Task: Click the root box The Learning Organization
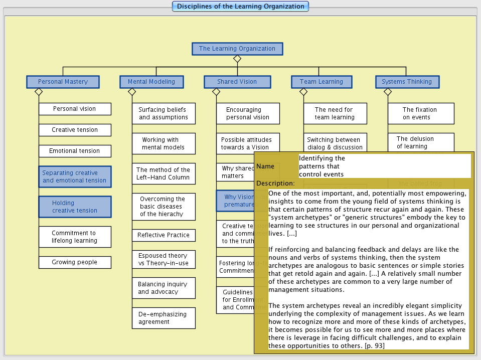[237, 49]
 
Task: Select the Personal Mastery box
[63, 82]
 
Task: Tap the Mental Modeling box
[151, 82]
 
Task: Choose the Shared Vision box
[237, 82]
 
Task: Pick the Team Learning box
[321, 82]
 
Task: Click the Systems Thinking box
[406, 82]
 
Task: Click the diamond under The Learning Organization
[237, 59]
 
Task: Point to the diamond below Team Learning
[303, 92]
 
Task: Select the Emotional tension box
[75, 151]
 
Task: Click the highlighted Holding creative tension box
[75, 207]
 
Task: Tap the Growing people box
[75, 262]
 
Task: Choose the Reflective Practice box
[164, 235]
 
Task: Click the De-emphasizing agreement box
[164, 318]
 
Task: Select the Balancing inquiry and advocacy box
[164, 288]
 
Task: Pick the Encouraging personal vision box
[248, 113]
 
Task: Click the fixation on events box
[420, 113]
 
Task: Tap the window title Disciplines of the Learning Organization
[240, 7]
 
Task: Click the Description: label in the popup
[275, 184]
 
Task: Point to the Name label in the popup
[265, 166]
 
